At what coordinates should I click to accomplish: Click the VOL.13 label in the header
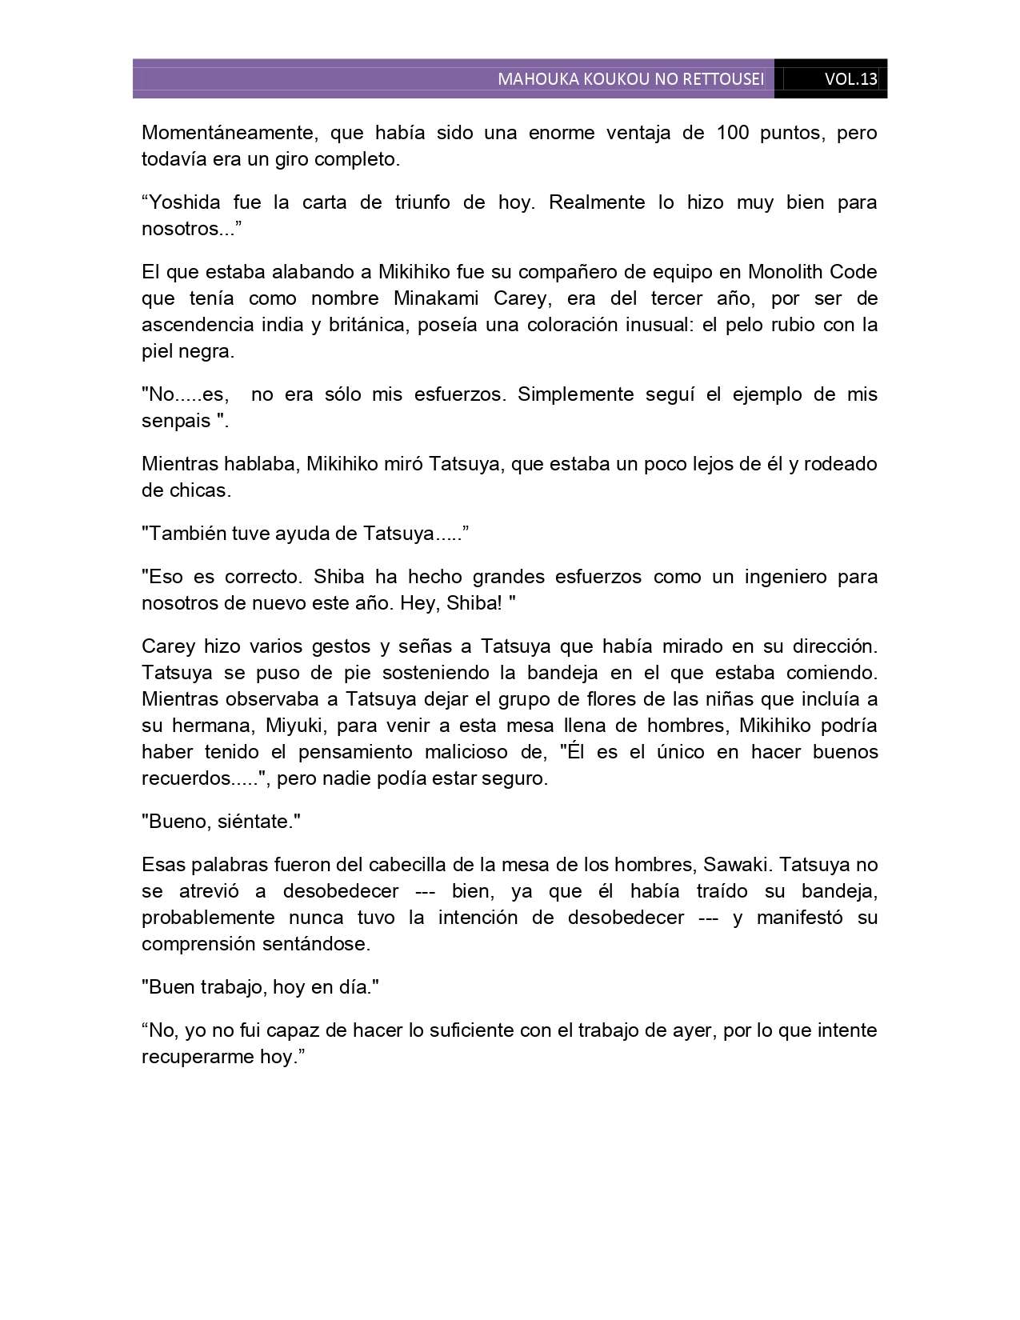[850, 79]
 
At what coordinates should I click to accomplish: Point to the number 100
[733, 133]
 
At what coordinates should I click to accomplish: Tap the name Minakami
[436, 298]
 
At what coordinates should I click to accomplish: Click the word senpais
[176, 421]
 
